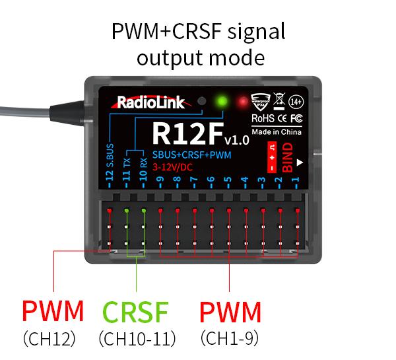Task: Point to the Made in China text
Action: [277, 131]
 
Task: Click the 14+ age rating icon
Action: [296, 102]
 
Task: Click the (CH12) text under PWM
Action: [49, 339]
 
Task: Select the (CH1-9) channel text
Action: [230, 338]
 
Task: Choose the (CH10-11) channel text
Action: [137, 339]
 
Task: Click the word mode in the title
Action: [232, 57]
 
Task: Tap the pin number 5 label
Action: [228, 180]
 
